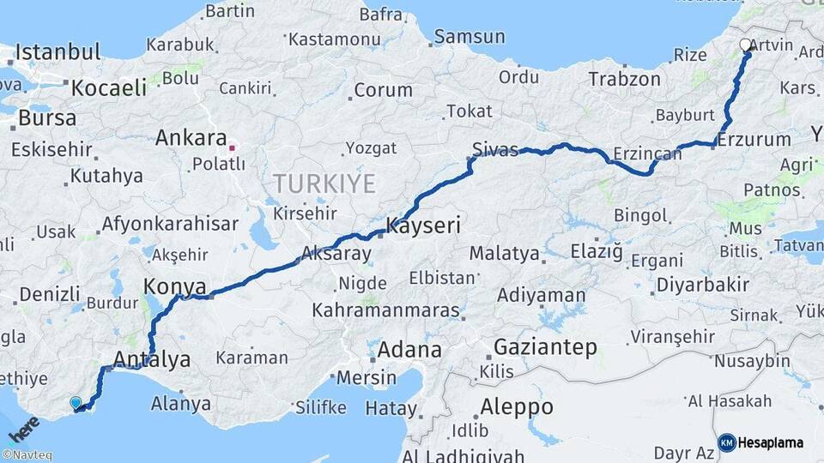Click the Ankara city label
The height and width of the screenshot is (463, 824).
pos(191,138)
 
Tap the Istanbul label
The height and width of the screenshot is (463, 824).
pos(58,51)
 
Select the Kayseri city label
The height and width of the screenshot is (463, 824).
pos(423,226)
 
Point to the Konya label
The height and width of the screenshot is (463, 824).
pos(175,286)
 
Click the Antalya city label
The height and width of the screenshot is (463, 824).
pos(151,359)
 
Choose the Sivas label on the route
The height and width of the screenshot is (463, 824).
pos(495,151)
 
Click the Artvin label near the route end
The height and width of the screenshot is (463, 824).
pos(771,45)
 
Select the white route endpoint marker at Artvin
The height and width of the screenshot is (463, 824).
pos(745,45)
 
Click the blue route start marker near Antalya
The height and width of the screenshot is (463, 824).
pos(76,402)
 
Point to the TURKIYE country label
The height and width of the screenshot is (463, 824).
pos(325,183)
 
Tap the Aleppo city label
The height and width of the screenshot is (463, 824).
pos(516,406)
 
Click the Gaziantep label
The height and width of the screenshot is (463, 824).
pos(545,347)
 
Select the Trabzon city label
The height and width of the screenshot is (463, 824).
pos(624,79)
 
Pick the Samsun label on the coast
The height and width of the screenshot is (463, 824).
pos(470,36)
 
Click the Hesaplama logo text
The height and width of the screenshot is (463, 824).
pos(769,442)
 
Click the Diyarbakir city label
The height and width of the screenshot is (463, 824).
pos(703,285)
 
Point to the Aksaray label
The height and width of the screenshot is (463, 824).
pos(336,254)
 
